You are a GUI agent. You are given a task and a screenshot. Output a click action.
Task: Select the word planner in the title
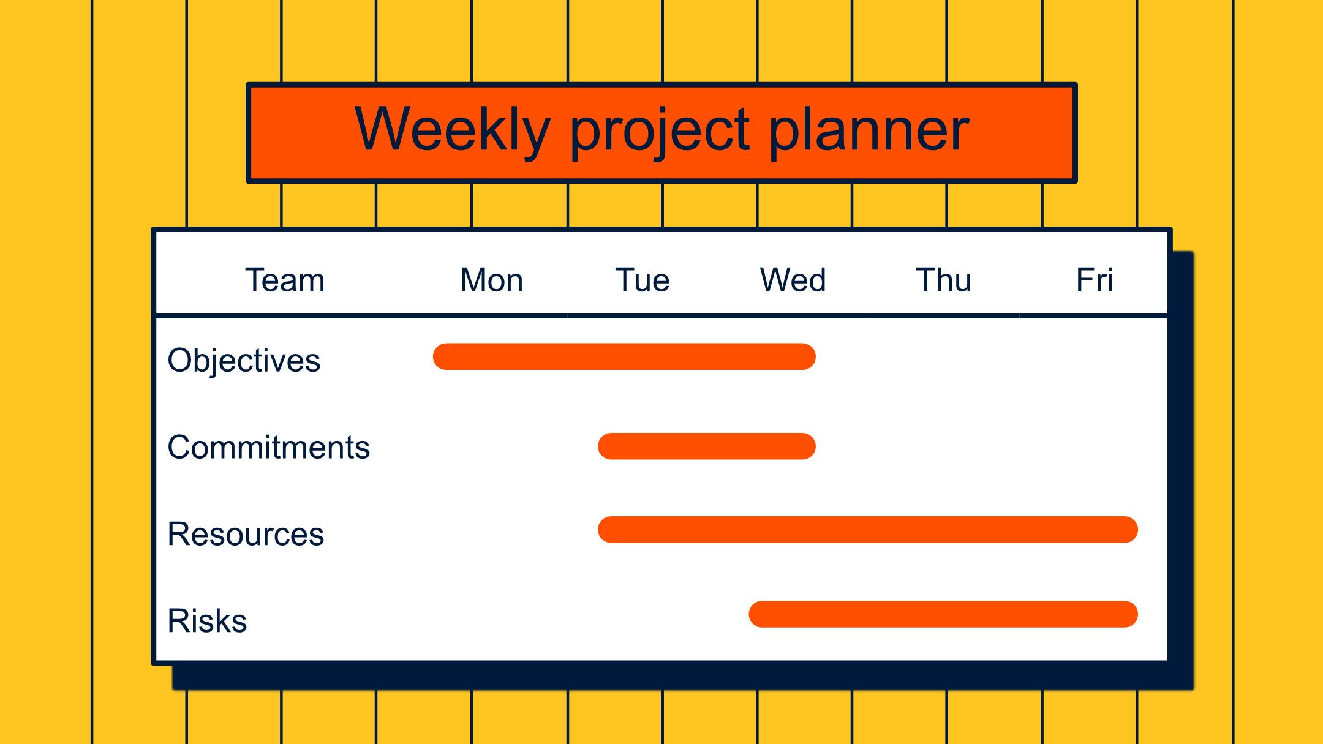(x=869, y=130)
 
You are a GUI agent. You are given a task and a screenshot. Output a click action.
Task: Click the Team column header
(x=285, y=280)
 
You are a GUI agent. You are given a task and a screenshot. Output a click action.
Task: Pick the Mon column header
(x=492, y=280)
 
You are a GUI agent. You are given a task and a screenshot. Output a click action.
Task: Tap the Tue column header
(x=643, y=280)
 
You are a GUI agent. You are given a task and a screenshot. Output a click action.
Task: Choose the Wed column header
(x=793, y=280)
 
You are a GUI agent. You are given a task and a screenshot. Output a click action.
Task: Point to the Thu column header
(x=944, y=280)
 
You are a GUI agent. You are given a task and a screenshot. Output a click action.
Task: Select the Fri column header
(x=1095, y=280)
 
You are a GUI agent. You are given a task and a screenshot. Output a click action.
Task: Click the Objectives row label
(x=244, y=361)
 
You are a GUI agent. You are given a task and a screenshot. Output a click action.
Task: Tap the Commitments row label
(x=269, y=447)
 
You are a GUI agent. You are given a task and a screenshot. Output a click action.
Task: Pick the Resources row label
(x=246, y=534)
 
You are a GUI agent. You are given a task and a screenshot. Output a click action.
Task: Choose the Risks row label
(x=207, y=620)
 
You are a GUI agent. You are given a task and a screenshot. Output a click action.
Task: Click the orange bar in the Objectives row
(x=624, y=356)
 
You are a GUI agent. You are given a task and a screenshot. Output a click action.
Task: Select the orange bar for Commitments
(x=707, y=446)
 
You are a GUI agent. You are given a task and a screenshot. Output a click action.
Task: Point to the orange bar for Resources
(x=868, y=530)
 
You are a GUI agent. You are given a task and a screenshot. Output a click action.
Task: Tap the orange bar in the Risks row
(x=943, y=614)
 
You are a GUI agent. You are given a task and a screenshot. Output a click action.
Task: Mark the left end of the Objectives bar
(x=434, y=356)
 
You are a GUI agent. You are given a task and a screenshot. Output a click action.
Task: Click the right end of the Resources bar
(x=1137, y=530)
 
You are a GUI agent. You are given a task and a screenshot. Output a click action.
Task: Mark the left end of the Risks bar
(x=750, y=614)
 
